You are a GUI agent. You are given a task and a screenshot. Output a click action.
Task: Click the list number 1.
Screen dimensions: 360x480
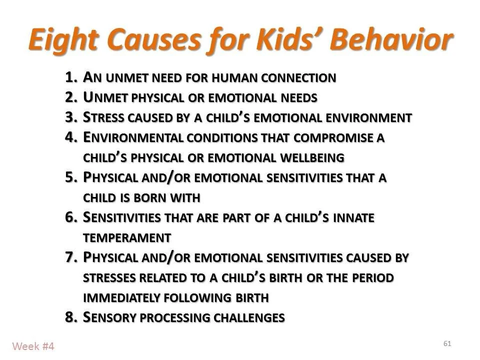70,77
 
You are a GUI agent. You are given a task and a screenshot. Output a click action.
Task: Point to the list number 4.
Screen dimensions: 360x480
70,137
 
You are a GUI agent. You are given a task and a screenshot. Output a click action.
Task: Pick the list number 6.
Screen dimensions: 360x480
70,217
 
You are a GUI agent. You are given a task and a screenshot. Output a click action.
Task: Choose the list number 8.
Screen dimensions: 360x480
70,317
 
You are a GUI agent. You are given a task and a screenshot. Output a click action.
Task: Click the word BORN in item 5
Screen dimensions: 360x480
145,198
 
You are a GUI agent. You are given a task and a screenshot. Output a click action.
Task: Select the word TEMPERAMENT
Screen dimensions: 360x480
127,237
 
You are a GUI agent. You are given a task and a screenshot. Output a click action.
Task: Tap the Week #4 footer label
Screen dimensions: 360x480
33,346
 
